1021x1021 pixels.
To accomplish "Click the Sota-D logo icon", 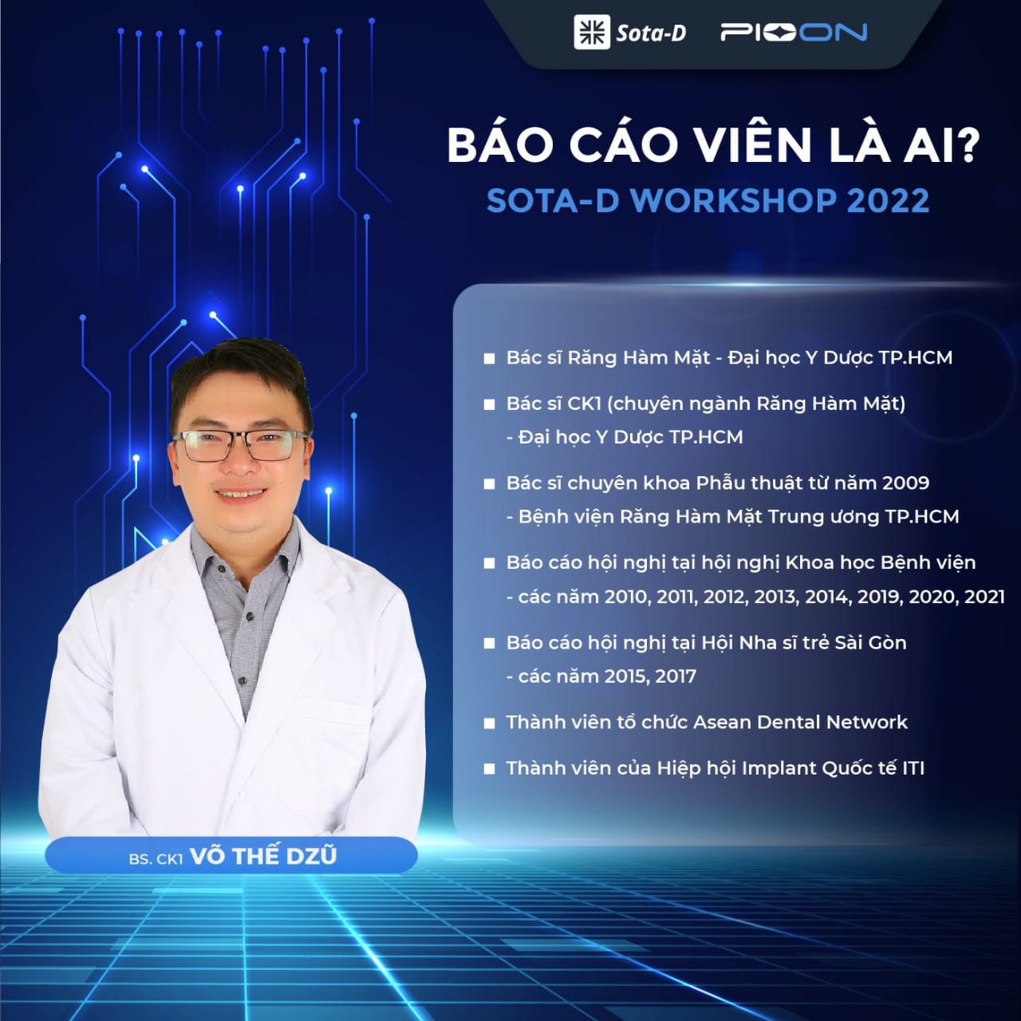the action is [592, 32].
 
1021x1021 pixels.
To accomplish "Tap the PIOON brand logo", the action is [793, 33].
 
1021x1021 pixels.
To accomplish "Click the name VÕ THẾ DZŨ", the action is [262, 856].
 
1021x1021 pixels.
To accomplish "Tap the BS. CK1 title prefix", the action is [156, 859].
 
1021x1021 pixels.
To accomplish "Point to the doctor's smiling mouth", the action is [241, 494].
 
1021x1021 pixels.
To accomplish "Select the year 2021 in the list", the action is [984, 597].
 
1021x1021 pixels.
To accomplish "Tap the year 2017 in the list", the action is [676, 676].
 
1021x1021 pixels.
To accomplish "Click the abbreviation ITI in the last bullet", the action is [913, 767].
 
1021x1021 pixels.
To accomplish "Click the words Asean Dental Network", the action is [801, 722].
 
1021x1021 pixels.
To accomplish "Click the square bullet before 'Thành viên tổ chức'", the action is [490, 723].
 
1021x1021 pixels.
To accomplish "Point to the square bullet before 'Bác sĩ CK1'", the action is [490, 404].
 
